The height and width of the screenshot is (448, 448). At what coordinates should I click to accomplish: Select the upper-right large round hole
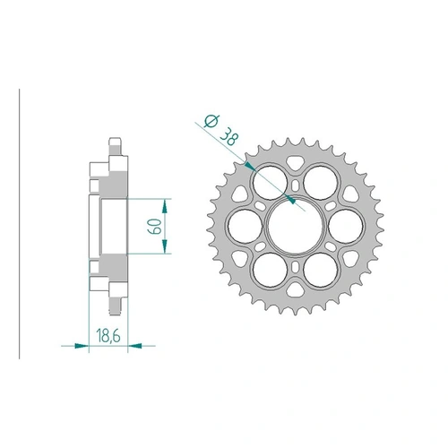click(317, 182)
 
